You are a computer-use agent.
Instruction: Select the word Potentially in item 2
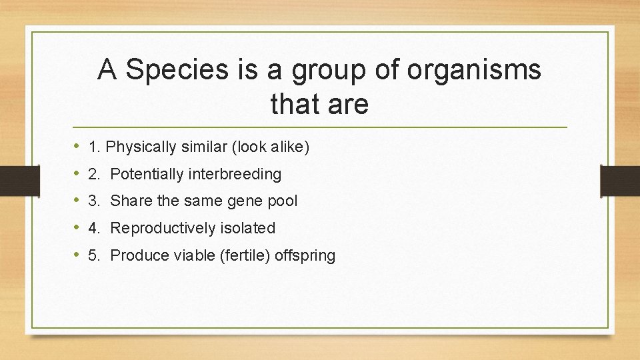tap(147, 175)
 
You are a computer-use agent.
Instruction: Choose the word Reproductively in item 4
tap(160, 229)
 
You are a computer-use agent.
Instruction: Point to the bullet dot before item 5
tap(77, 255)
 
